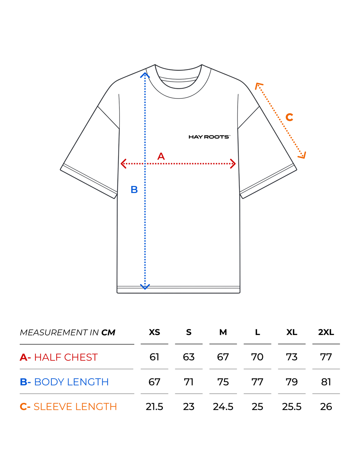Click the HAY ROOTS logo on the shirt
pos(209,137)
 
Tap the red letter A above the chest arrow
pos(161,156)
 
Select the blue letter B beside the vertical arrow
pos(134,189)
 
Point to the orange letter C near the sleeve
pos(289,117)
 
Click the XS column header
pos(154,332)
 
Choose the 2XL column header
pos(326,332)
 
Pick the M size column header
pos(223,332)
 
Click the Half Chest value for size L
pos(257,357)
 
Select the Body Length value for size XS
pos(154,382)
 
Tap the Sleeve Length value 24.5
pos(223,407)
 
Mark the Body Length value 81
pos(326,382)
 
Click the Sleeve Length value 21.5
pos(154,407)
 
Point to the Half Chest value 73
pos(291,357)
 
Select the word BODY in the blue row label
pos(49,382)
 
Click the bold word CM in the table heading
pos(108,333)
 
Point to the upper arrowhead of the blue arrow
pos(145,75)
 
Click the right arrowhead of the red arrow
pos(233,163)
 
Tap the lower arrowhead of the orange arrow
pos(302,155)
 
